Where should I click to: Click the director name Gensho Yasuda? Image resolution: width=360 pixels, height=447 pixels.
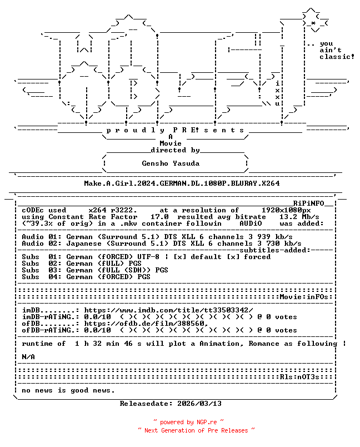pyautogui.click(x=171, y=163)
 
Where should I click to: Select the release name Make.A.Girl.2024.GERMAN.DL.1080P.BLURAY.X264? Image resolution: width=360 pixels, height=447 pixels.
pyautogui.click(x=182, y=183)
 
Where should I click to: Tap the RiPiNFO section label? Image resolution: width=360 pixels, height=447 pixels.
pyautogui.click(x=309, y=203)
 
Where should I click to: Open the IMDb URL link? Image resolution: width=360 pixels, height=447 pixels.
pyautogui.click(x=168, y=310)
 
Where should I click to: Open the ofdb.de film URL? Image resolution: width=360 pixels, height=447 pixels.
pyautogui.click(x=146, y=324)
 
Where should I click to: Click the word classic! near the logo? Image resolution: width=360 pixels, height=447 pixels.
pyautogui.click(x=337, y=57)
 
